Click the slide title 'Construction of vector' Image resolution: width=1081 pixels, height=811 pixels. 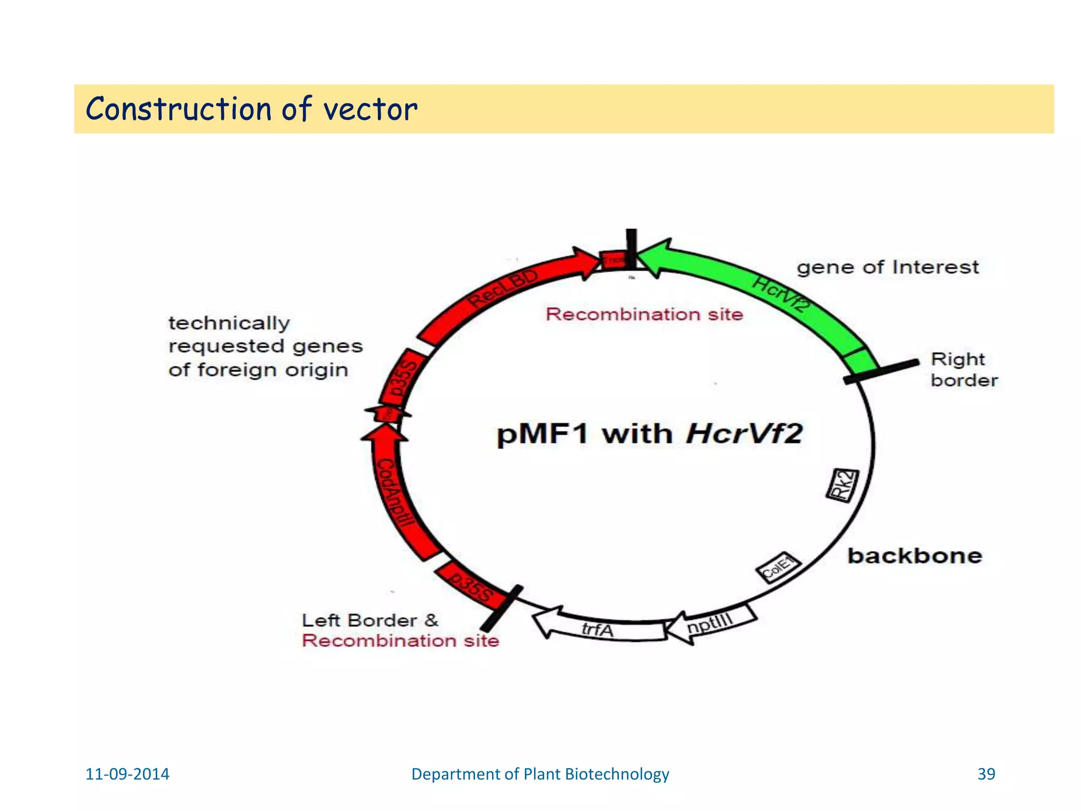(x=251, y=109)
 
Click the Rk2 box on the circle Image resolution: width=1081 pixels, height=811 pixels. (x=842, y=485)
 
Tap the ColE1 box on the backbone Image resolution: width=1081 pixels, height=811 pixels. (x=779, y=568)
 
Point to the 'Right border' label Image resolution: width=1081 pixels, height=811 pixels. (x=963, y=370)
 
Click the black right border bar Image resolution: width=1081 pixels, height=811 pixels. (x=881, y=371)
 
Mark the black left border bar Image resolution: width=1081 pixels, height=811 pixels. (x=501, y=608)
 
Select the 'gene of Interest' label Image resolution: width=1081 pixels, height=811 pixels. (x=887, y=267)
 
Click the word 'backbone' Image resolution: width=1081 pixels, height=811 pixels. (x=914, y=556)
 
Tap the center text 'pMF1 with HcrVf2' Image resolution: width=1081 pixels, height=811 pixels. (x=649, y=434)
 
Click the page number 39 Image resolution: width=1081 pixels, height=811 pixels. (x=986, y=774)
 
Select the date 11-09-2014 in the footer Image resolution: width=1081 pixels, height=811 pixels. (x=127, y=774)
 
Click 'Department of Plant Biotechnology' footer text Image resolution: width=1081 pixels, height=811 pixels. (x=540, y=774)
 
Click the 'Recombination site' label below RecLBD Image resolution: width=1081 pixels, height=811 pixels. (x=644, y=315)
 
